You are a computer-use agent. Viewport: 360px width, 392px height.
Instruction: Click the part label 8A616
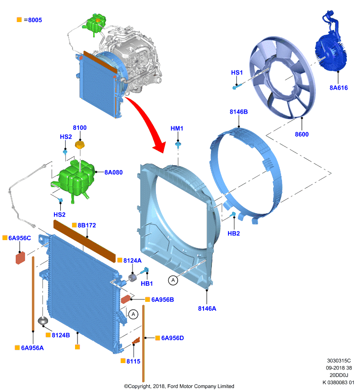point(338,88)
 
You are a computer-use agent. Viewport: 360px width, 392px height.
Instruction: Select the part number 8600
point(302,134)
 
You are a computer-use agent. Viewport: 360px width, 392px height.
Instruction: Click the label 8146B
point(239,112)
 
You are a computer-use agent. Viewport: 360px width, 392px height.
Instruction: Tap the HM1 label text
point(177,128)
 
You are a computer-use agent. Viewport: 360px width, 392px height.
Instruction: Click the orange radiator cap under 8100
point(80,145)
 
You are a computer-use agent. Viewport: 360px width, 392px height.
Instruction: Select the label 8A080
point(114,172)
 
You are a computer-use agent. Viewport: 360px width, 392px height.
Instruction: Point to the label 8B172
point(87,225)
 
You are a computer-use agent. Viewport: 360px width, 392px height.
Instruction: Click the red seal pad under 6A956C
point(20,258)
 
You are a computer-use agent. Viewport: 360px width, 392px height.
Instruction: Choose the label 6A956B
point(163,299)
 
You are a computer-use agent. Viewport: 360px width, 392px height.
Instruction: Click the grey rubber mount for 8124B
point(43,321)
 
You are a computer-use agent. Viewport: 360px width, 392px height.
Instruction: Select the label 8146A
point(207,309)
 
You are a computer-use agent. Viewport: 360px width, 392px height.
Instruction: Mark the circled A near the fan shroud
point(173,280)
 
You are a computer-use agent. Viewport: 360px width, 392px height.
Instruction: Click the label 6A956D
point(173,338)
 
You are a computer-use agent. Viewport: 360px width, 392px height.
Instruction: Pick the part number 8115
point(133,361)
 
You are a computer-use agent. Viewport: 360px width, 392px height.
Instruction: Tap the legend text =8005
point(33,20)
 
